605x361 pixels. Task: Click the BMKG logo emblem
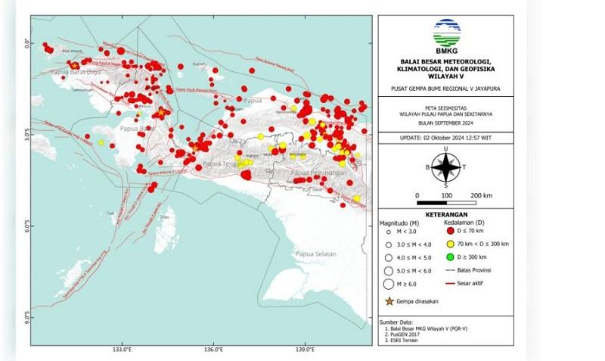[x=445, y=33]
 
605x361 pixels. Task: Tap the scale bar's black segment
[x=432, y=204]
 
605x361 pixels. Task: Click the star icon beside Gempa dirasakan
[x=389, y=301]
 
